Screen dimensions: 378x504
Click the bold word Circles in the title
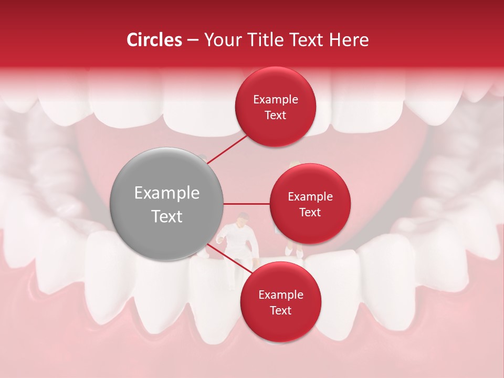pos(154,40)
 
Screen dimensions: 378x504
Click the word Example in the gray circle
pos(167,193)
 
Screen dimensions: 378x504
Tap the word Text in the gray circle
pos(167,216)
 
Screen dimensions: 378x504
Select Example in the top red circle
pos(276,100)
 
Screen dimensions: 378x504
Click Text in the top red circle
pos(276,115)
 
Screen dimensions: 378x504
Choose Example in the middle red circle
pos(310,197)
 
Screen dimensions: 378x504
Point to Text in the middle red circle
pos(310,213)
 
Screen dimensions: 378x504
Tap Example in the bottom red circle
pos(281,295)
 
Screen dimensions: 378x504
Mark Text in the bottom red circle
pos(281,311)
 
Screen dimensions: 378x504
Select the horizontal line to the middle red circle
pos(247,204)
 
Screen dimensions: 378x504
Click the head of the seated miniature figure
pos(242,218)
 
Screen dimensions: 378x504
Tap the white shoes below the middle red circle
pos(294,253)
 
